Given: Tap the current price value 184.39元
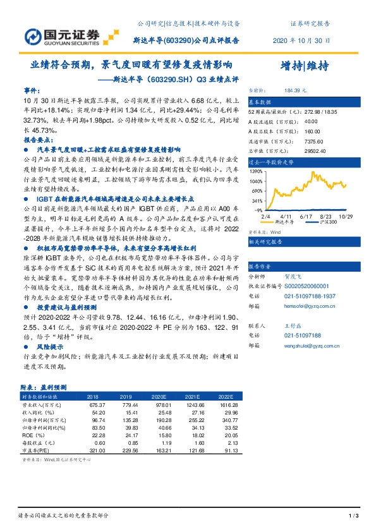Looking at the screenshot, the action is (308, 90).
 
